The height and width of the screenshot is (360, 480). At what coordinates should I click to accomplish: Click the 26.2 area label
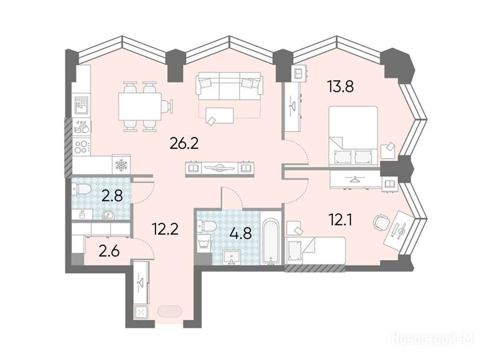(x=184, y=143)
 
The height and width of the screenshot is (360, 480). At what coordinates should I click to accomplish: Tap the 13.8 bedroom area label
(x=340, y=86)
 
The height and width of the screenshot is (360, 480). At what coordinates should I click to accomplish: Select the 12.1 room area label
(x=340, y=219)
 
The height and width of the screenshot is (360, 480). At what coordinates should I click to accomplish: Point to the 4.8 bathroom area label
(x=240, y=233)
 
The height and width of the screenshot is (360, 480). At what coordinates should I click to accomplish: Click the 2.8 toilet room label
(x=112, y=195)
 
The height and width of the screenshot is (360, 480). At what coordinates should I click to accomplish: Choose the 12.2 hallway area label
(x=165, y=228)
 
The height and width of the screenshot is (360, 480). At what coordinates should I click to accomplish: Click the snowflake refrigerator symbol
(x=121, y=165)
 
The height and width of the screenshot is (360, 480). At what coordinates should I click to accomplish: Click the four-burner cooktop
(x=82, y=147)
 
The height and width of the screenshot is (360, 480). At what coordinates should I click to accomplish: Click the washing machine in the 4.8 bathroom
(x=203, y=244)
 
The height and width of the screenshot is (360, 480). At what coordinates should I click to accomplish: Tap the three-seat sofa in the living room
(x=229, y=86)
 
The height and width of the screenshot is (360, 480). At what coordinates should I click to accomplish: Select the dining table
(x=140, y=107)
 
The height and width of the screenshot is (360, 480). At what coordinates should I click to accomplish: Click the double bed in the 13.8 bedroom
(x=353, y=136)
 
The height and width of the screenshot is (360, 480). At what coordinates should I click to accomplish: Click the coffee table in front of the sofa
(x=219, y=116)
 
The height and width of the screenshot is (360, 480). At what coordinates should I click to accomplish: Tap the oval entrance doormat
(x=170, y=312)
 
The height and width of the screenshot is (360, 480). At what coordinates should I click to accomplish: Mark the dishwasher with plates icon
(x=82, y=127)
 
